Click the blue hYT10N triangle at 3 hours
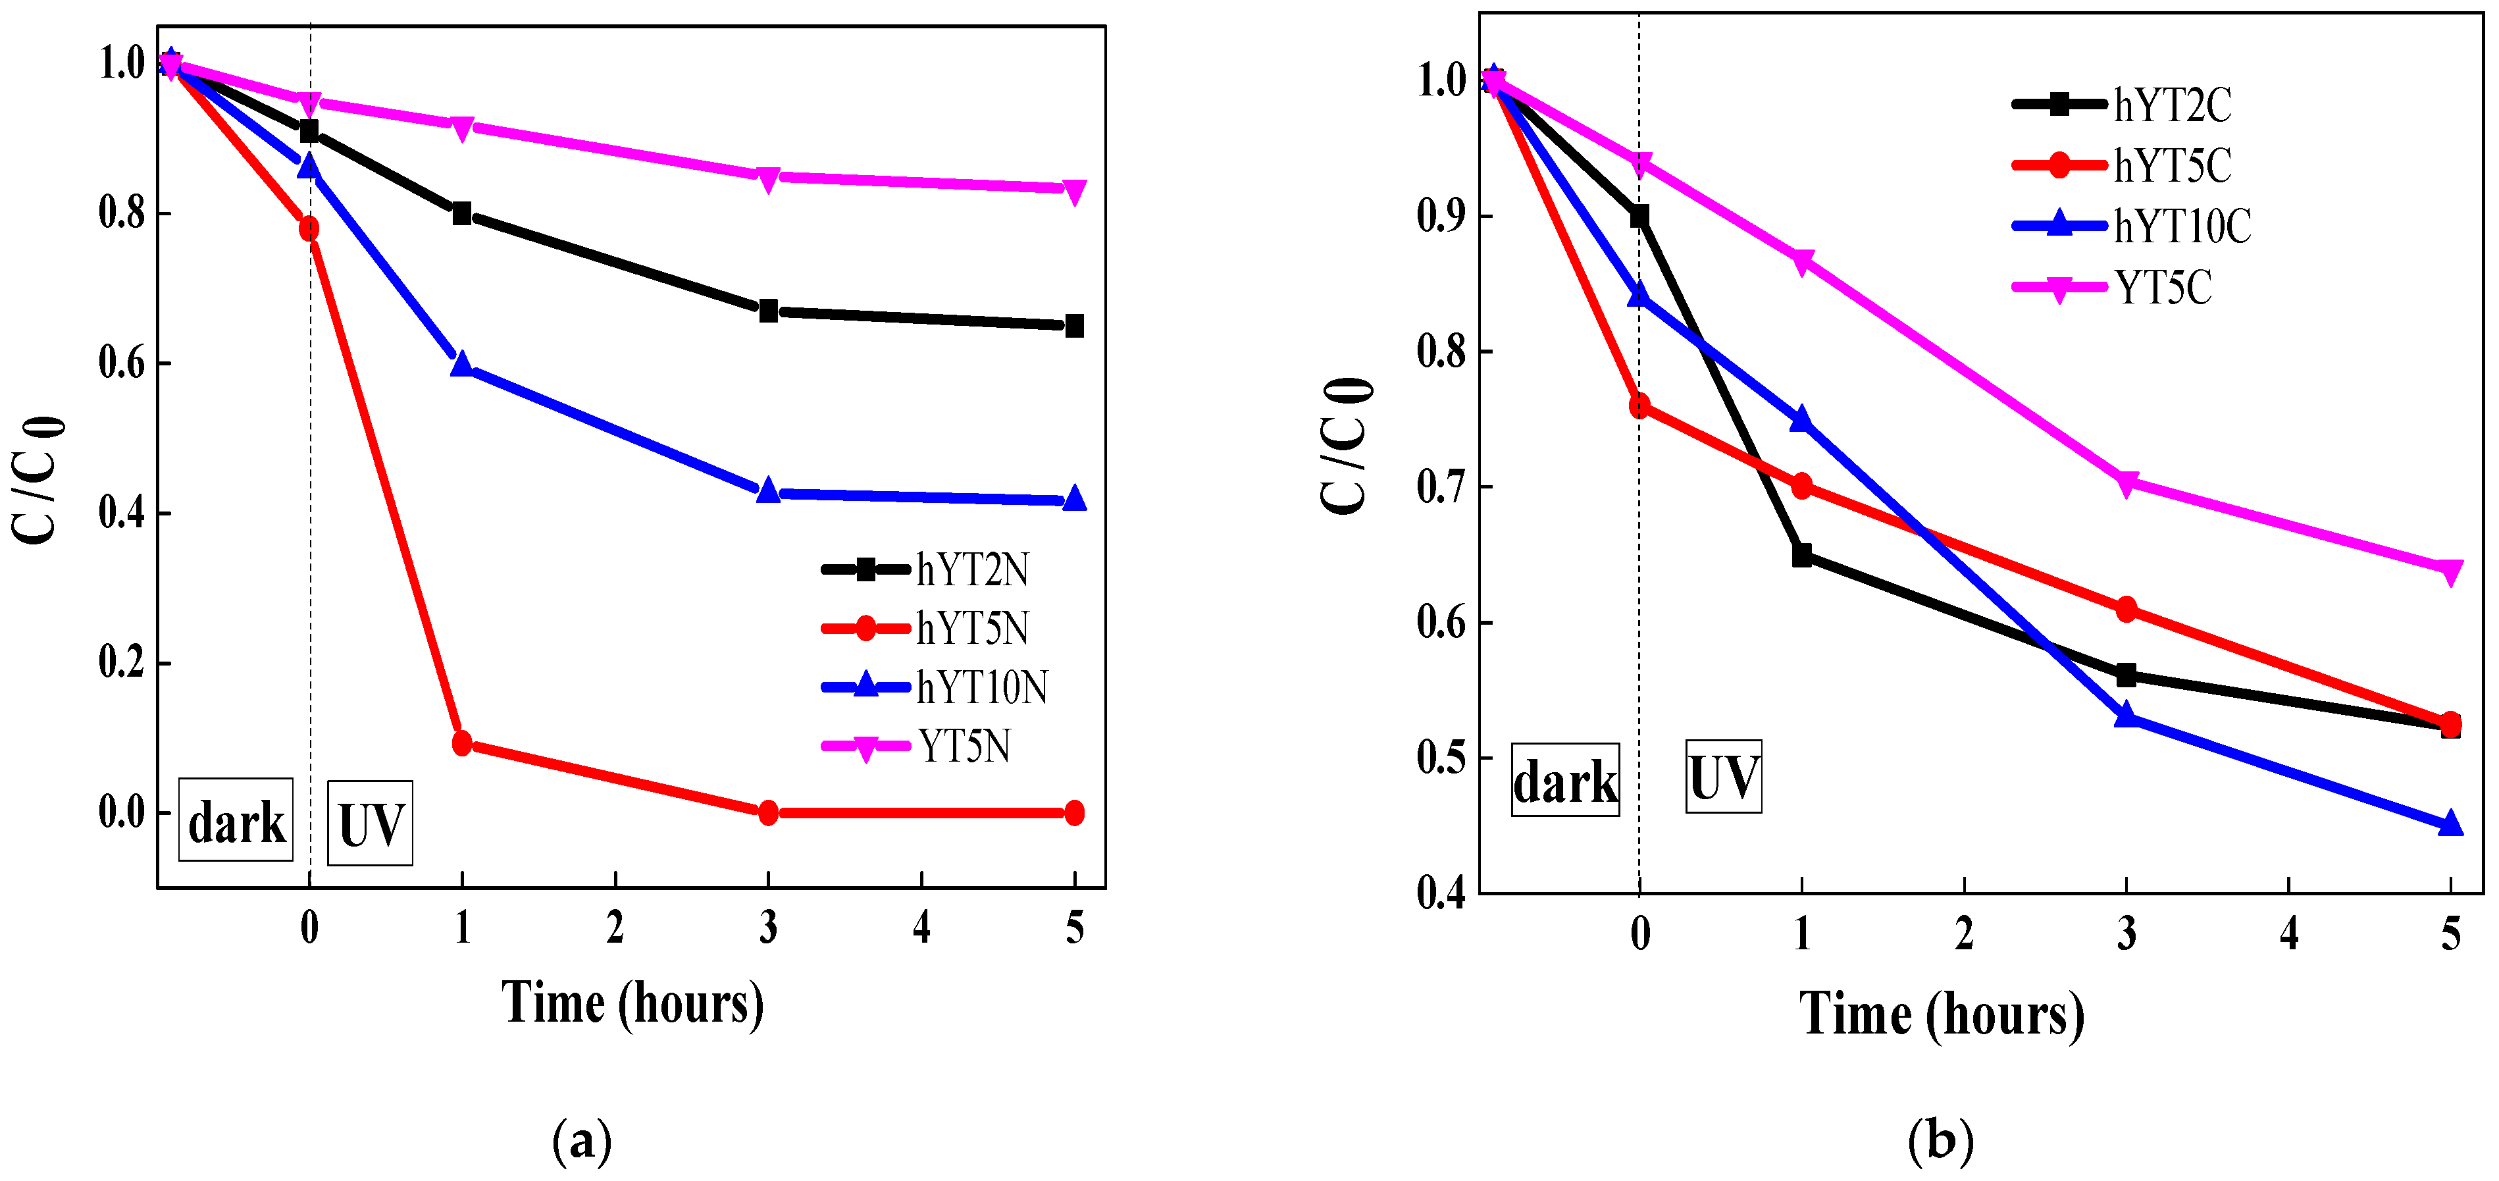[x=767, y=491]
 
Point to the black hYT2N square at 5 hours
[x=1074, y=326]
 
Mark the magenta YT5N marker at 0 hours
[x=309, y=103]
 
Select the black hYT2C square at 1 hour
[x=1801, y=555]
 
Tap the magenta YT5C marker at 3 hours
[x=2126, y=483]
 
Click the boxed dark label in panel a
[x=236, y=821]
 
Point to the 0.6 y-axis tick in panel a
[x=122, y=364]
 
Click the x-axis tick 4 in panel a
[x=921, y=929]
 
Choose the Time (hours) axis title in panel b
[x=1941, y=1014]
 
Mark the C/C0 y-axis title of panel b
[x=1347, y=446]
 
